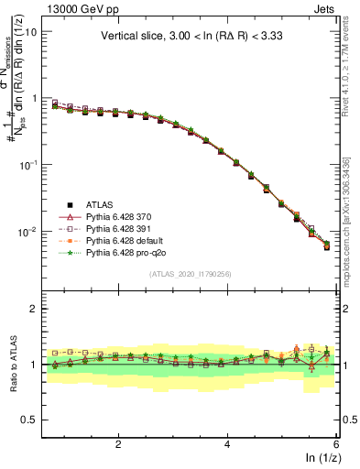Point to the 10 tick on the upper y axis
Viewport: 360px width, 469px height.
tap(28, 31)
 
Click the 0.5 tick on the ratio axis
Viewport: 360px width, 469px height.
tap(29, 420)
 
